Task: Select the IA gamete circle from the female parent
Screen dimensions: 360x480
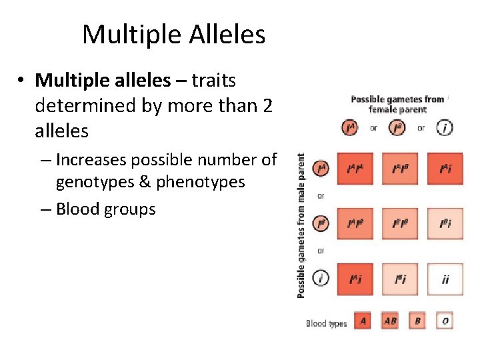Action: (x=349, y=127)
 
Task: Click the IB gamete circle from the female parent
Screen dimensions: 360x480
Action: (x=397, y=127)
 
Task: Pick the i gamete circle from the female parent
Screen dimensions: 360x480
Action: (x=445, y=127)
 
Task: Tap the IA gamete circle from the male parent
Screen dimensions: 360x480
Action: (x=321, y=169)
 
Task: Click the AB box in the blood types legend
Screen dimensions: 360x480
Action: (x=390, y=321)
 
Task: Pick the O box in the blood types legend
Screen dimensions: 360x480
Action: (x=445, y=321)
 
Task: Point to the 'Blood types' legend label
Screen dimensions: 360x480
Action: (x=326, y=323)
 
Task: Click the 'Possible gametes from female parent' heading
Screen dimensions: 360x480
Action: (x=397, y=104)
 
